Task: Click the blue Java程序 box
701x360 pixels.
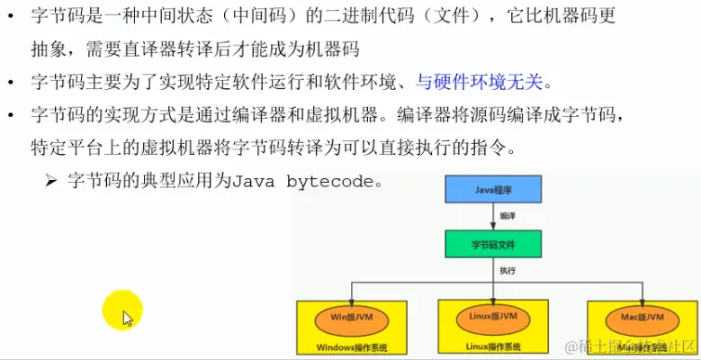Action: click(x=493, y=190)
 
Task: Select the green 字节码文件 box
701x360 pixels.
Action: click(x=493, y=244)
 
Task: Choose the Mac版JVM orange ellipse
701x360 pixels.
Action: click(x=640, y=318)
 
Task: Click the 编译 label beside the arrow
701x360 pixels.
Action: click(x=508, y=217)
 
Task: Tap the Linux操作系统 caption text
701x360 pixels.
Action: click(x=493, y=346)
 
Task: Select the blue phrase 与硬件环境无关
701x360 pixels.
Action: click(x=480, y=83)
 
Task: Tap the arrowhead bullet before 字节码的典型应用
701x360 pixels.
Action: click(x=51, y=180)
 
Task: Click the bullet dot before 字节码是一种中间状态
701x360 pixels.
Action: click(x=10, y=17)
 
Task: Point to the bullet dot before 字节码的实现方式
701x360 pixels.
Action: click(x=10, y=116)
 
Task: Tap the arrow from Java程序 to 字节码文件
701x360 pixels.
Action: click(x=493, y=216)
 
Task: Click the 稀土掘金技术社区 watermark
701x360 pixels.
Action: click(x=630, y=346)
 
